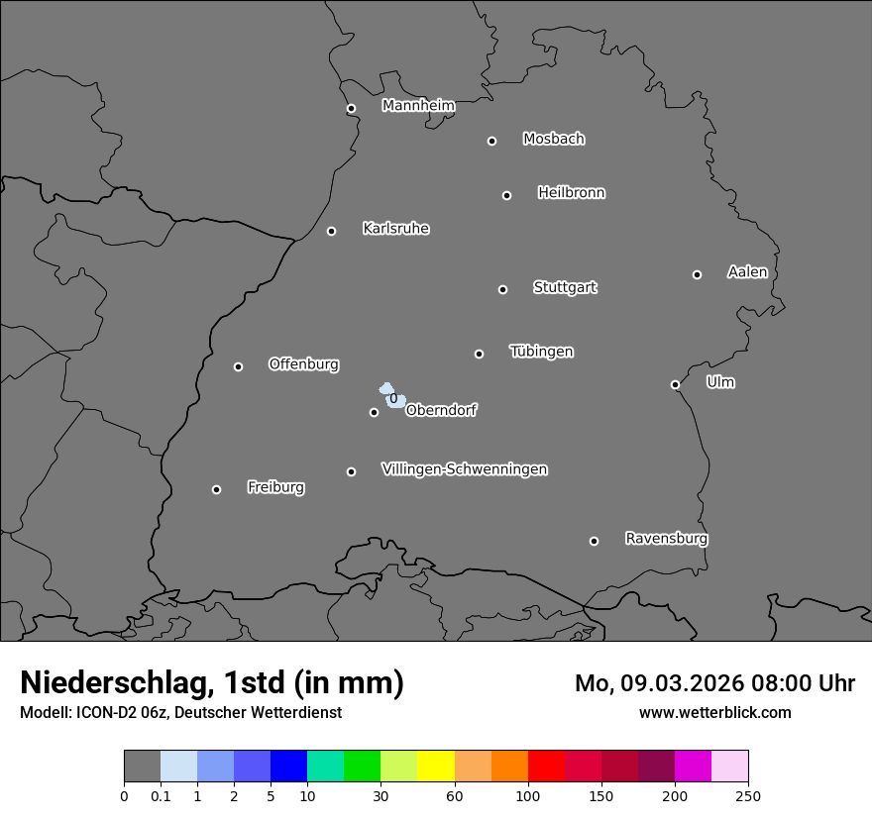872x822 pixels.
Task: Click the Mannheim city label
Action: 418,106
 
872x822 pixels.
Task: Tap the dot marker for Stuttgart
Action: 502,289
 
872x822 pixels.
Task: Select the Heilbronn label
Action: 571,192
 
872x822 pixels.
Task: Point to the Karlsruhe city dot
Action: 331,231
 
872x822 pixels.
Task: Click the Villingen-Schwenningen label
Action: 464,469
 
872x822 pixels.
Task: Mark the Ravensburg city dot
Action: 594,541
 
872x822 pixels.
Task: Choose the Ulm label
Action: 720,382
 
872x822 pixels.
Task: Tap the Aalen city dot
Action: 697,274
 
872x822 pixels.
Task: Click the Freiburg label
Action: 275,487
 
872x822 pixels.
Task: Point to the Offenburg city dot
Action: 238,366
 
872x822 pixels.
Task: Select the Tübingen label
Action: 541,352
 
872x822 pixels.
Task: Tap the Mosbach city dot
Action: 491,141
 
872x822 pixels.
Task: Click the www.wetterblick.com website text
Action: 715,713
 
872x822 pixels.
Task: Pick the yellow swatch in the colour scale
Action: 435,767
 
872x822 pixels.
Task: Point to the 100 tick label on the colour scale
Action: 528,795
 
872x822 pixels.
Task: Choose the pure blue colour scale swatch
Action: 288,767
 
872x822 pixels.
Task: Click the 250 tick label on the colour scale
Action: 748,795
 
